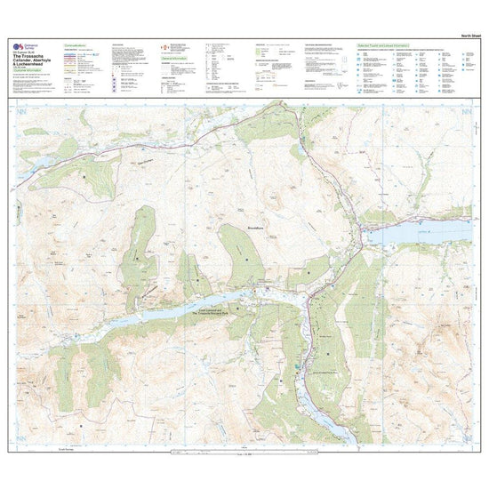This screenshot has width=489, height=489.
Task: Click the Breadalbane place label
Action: click(255, 227)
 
